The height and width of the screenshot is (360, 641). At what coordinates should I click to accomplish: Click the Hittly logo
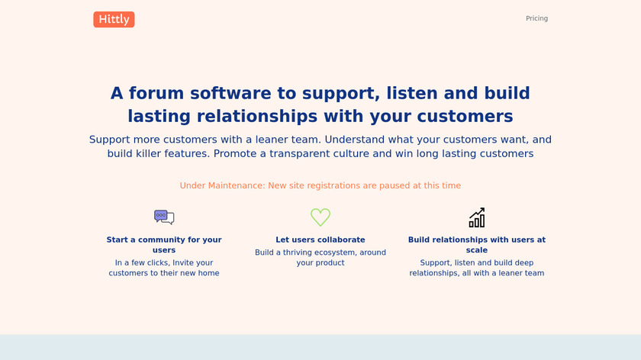click(114, 19)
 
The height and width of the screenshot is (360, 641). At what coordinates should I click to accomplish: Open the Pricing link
click(536, 18)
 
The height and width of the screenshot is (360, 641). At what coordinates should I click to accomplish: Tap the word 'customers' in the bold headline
click(465, 116)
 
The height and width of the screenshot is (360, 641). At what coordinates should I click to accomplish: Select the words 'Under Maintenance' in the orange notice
click(222, 185)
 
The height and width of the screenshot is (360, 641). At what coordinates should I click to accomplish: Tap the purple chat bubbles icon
click(164, 217)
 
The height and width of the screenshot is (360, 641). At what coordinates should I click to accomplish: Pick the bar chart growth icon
click(477, 217)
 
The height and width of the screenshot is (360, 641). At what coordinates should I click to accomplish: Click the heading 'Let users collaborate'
click(320, 239)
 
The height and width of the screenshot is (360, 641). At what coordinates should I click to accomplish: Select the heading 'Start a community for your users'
click(164, 245)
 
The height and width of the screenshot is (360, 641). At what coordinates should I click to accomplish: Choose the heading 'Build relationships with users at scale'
click(477, 245)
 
